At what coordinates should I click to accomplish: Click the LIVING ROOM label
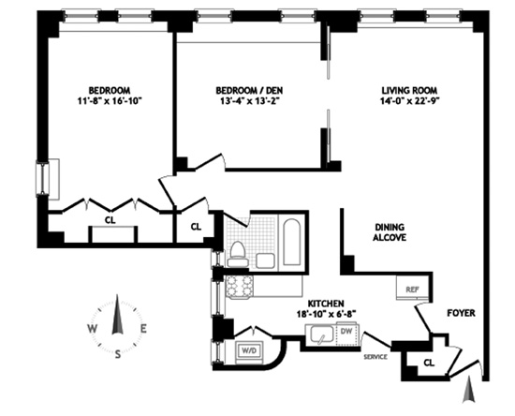tap(409, 90)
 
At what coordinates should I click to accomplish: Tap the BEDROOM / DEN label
tap(249, 90)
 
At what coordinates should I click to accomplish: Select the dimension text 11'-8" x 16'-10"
tap(110, 101)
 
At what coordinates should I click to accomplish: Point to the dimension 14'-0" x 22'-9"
tap(409, 101)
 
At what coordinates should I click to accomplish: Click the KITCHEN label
tap(326, 304)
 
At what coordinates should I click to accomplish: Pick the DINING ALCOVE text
tap(390, 232)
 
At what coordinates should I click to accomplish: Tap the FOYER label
tap(461, 313)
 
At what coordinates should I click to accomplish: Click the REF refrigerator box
tap(413, 288)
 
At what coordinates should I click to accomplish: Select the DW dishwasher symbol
tap(346, 334)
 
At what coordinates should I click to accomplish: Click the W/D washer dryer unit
tap(249, 351)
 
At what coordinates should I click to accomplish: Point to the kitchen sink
tap(320, 334)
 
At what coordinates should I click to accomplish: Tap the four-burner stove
tap(240, 287)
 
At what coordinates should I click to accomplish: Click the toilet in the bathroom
tap(238, 254)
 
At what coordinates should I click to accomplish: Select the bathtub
tap(292, 242)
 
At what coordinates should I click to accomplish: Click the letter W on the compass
tap(92, 328)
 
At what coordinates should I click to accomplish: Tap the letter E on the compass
tap(143, 328)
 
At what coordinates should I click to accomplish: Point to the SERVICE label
tap(375, 357)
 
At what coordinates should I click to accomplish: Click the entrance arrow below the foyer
tap(469, 390)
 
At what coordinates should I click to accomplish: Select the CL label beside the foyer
tap(429, 363)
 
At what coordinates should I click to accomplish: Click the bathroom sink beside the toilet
tap(265, 260)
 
